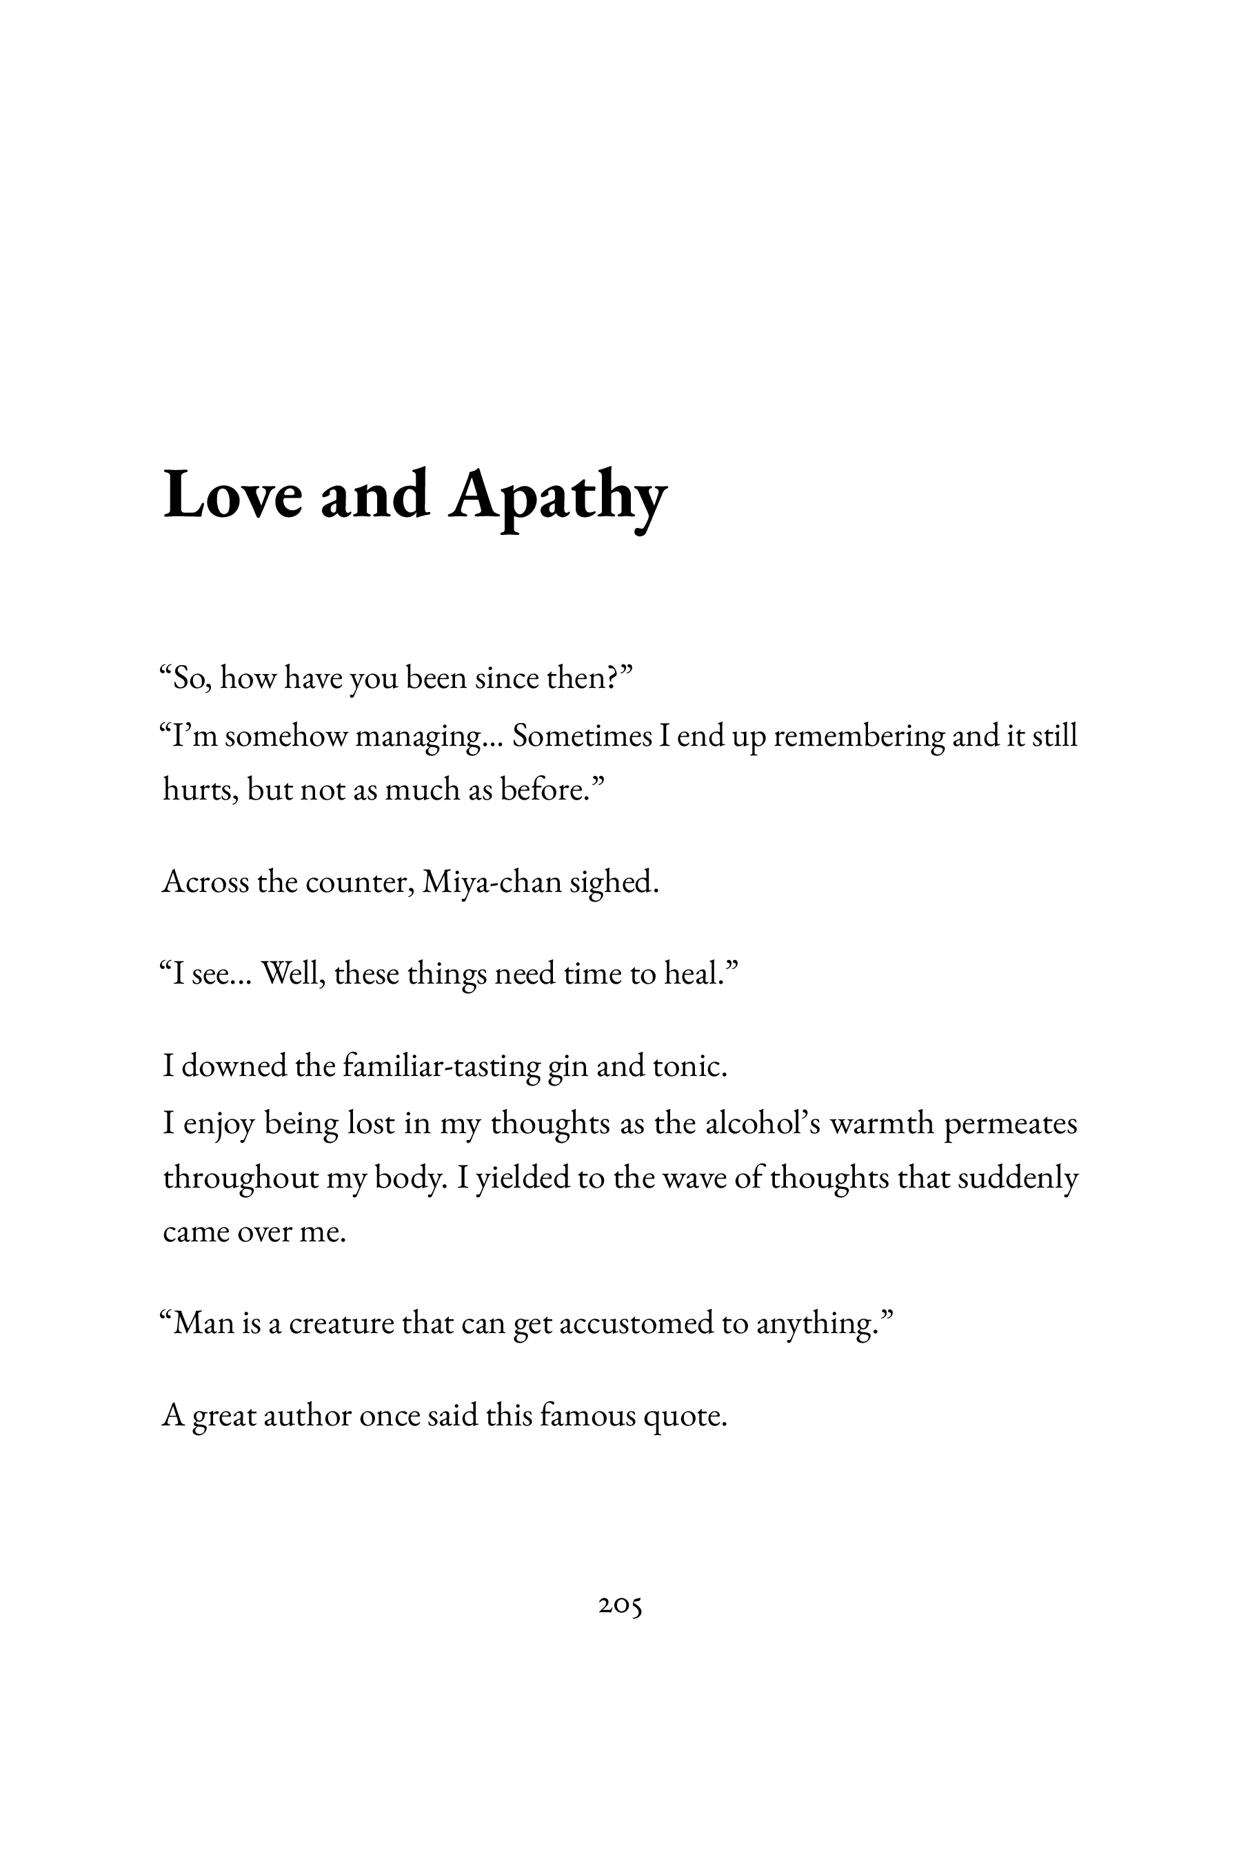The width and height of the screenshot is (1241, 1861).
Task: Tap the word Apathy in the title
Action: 558,498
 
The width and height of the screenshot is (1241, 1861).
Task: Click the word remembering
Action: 859,737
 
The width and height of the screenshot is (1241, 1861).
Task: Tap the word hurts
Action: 200,790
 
